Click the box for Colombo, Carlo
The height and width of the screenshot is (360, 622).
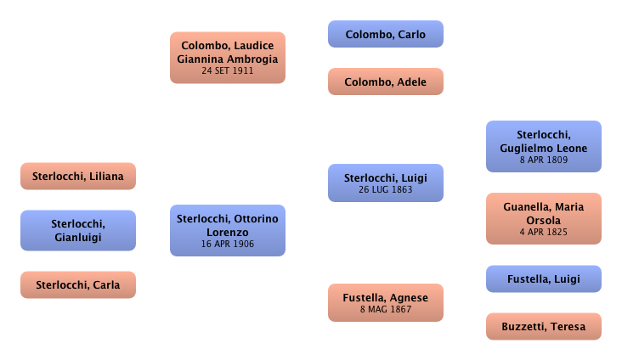coord(387,35)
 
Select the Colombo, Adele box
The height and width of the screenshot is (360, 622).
coord(387,82)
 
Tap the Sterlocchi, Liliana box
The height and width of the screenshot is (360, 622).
coord(77,177)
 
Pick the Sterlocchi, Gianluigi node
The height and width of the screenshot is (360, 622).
coord(77,231)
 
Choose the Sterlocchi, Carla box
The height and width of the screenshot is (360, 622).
coord(77,285)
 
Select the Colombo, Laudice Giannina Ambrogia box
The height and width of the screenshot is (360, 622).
coord(228,57)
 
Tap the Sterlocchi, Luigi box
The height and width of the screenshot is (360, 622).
coord(386,183)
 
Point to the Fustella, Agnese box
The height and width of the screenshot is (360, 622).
coord(386,303)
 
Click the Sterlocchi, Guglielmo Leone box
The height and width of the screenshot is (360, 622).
coord(544,146)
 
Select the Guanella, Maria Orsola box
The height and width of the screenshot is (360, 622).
coord(544,218)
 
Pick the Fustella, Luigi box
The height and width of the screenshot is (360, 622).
coord(544,278)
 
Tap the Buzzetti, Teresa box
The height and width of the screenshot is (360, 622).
coord(544,327)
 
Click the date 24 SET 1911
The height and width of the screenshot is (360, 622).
coord(228,71)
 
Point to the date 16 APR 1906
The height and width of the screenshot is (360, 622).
coord(227,245)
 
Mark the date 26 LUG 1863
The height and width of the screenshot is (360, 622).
coord(386,190)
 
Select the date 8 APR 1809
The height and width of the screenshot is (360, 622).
coord(544,160)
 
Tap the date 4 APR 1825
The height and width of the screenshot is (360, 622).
coord(544,233)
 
